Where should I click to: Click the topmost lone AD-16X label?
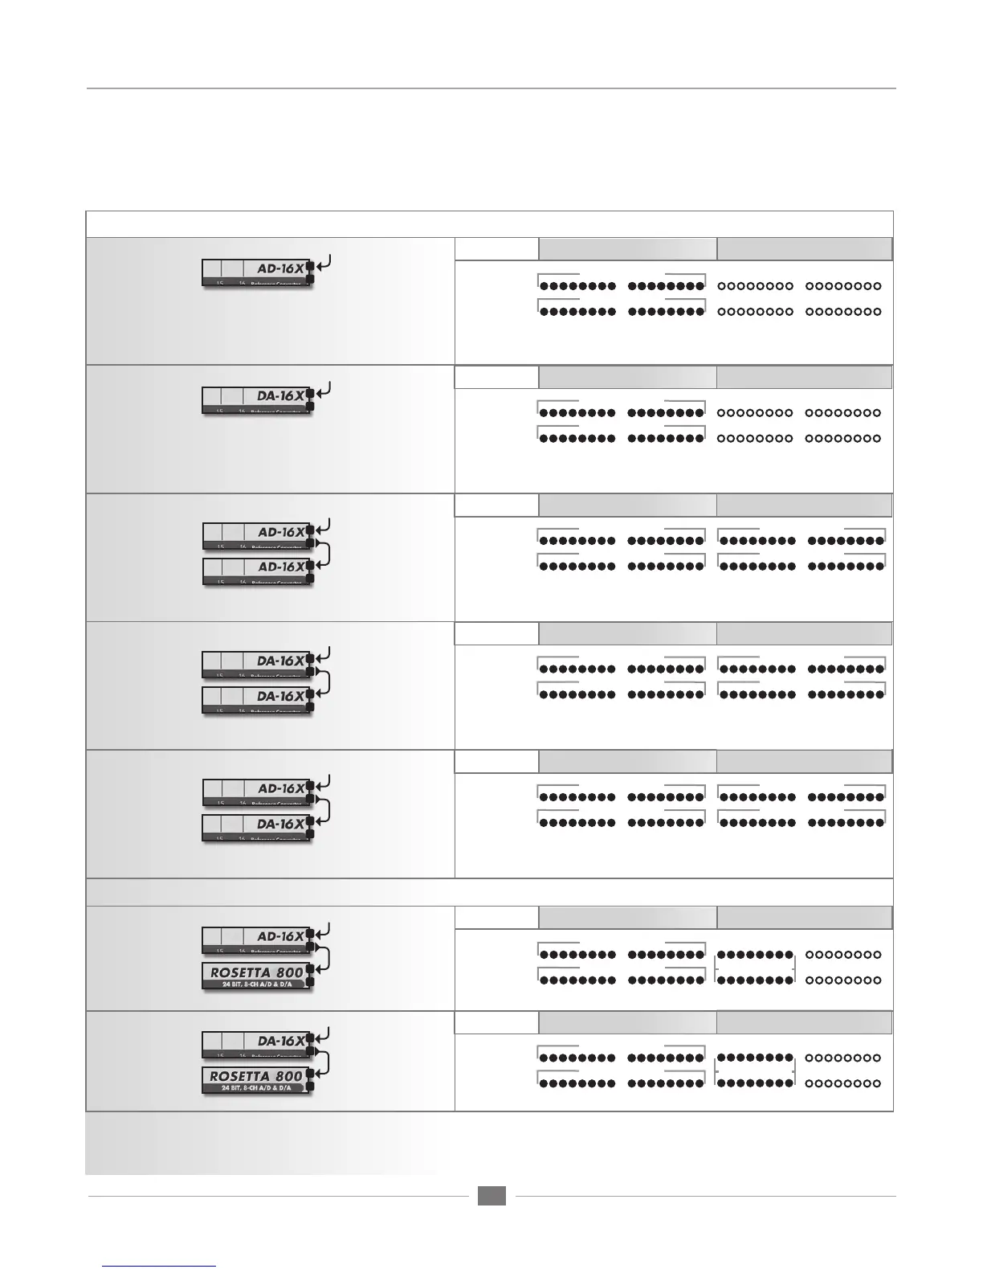(x=280, y=269)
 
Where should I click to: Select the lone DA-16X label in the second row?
(x=280, y=396)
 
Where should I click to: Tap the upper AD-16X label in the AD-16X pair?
(x=281, y=532)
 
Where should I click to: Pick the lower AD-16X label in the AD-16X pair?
(x=281, y=567)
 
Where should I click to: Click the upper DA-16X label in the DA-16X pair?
(x=280, y=661)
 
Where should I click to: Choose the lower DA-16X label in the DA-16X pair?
(x=280, y=696)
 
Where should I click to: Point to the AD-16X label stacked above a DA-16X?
(x=281, y=788)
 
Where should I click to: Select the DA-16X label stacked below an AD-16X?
(x=280, y=824)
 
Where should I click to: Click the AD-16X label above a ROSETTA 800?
(x=280, y=936)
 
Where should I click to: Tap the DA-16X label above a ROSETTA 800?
(x=280, y=1041)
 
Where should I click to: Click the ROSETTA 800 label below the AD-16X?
(x=256, y=972)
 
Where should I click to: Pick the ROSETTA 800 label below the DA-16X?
(x=256, y=1076)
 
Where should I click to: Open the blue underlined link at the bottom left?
(x=160, y=1266)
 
